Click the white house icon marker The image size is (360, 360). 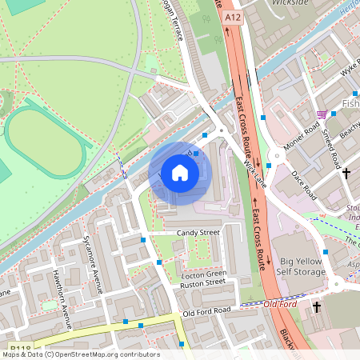[180, 173]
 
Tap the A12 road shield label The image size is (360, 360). [233, 17]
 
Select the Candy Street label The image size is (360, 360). [198, 233]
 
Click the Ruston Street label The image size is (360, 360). [203, 282]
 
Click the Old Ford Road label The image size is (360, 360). [206, 310]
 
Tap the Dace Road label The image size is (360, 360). [305, 185]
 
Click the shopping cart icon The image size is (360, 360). [322, 114]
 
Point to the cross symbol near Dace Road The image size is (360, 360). [346, 172]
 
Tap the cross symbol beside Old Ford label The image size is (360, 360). [317, 306]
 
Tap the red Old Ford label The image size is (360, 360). [281, 304]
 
